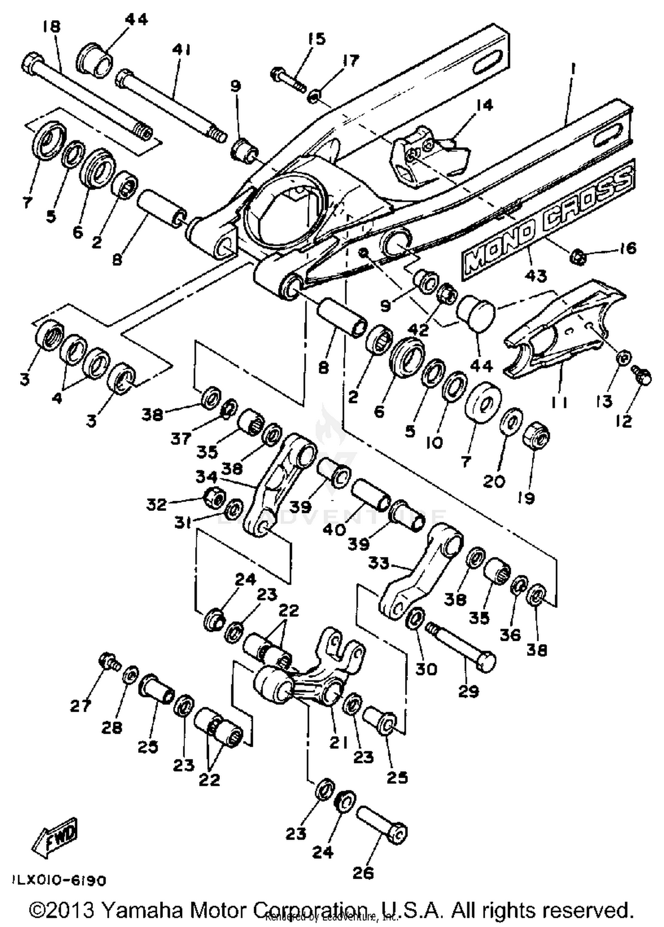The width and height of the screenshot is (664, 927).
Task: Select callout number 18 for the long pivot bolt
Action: click(51, 27)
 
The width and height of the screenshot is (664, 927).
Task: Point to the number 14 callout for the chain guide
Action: click(484, 106)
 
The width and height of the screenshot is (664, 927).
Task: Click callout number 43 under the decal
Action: click(536, 276)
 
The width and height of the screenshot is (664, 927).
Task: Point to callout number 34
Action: click(206, 477)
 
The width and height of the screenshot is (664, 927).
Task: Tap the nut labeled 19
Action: click(536, 436)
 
